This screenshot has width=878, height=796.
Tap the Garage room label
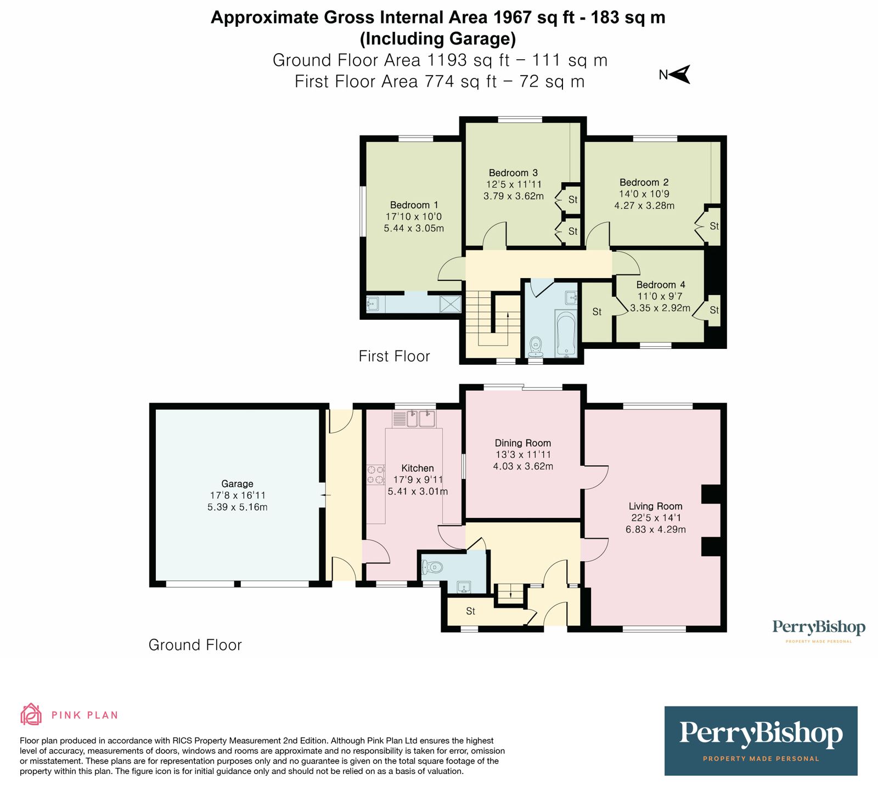click(237, 483)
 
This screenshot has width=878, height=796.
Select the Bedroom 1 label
click(414, 205)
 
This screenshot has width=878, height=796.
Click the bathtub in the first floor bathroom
click(566, 334)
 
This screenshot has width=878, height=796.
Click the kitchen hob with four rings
click(376, 475)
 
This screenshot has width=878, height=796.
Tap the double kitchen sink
click(420, 419)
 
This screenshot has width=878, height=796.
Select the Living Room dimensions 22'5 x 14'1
click(655, 517)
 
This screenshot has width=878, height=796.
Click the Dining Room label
click(522, 443)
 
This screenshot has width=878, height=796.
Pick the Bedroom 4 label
click(660, 284)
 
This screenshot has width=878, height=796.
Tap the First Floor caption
click(394, 356)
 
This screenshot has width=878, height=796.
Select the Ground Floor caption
click(195, 645)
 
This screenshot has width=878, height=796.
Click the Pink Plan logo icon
click(31, 714)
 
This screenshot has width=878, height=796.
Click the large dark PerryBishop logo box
click(761, 741)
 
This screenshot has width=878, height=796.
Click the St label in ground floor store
click(470, 611)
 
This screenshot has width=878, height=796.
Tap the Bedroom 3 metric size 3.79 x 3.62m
click(513, 196)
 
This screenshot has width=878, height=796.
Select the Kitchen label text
click(417, 468)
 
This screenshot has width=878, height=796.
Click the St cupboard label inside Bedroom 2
click(714, 225)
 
